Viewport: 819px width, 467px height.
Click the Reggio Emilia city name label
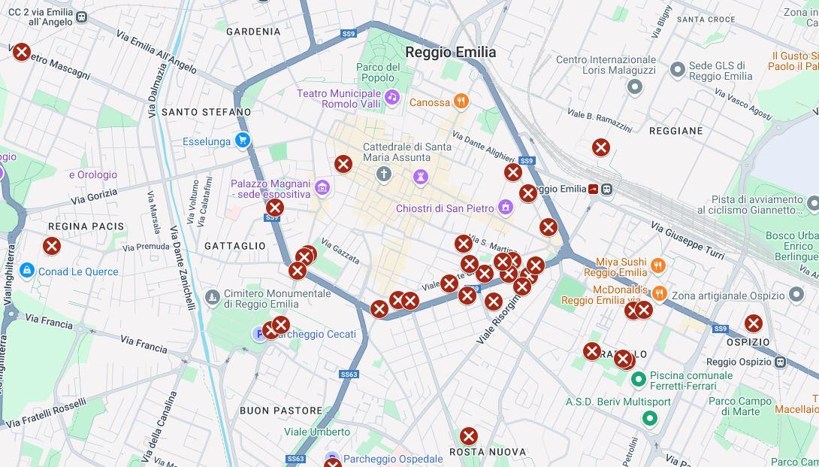(x=450, y=52)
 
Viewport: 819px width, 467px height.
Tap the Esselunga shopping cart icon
(x=242, y=141)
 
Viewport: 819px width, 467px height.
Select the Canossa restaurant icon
(x=461, y=102)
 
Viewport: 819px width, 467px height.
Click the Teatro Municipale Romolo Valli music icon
(x=391, y=97)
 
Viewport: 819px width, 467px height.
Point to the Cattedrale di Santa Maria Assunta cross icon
(x=384, y=175)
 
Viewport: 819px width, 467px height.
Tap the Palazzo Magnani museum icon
(x=322, y=187)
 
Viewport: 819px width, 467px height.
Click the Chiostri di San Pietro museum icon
(x=506, y=207)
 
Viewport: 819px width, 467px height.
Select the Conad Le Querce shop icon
(x=27, y=271)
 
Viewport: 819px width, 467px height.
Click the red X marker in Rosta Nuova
(x=469, y=436)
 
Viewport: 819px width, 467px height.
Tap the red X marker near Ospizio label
(x=753, y=323)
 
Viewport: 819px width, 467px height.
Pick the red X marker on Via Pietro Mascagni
(x=22, y=52)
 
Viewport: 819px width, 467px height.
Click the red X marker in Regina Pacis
(x=52, y=246)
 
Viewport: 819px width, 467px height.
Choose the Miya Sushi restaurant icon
(x=658, y=265)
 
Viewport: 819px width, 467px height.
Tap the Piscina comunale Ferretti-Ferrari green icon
(x=639, y=380)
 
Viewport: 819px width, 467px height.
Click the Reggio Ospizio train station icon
(x=780, y=362)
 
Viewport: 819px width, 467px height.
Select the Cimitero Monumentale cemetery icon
(x=213, y=298)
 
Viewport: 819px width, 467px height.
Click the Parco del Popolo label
(x=378, y=72)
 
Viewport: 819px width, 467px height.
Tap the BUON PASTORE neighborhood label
(x=281, y=411)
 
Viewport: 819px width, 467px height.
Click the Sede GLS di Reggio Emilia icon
(x=677, y=70)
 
